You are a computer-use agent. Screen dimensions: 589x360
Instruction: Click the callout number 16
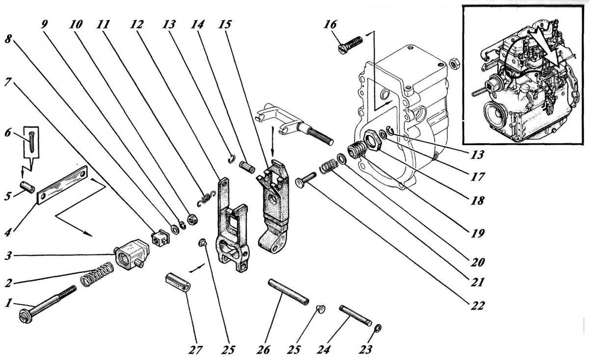[330, 25]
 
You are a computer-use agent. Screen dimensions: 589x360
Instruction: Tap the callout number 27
[195, 350]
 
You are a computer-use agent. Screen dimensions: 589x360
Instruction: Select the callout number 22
[477, 306]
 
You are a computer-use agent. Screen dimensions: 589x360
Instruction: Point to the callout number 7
[8, 82]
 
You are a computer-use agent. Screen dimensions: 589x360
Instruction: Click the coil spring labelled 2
[97, 274]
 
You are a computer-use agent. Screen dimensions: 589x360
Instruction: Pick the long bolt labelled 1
[48, 305]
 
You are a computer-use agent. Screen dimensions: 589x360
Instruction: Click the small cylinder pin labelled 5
[27, 187]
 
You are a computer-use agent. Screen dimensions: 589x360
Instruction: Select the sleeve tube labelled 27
[178, 282]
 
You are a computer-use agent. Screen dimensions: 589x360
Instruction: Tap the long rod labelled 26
[288, 292]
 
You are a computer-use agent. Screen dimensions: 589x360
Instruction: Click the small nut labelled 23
[377, 328]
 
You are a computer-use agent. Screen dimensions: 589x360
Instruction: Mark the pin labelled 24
[355, 315]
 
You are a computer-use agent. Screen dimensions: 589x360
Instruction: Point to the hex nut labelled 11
[192, 219]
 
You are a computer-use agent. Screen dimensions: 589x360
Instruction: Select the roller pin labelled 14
[247, 167]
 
